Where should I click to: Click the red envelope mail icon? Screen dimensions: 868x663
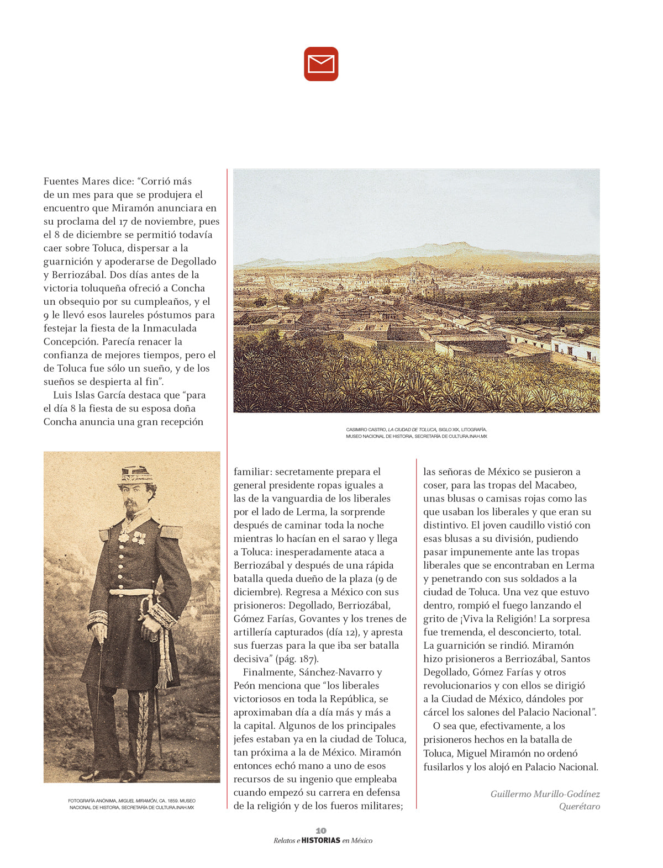coord(321,64)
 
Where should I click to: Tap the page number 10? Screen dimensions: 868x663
coord(321,830)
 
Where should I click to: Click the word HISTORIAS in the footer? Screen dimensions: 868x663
coord(321,840)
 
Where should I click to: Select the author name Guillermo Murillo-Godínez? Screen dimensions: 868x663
coord(545,794)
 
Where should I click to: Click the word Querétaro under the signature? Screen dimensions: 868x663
coord(579,806)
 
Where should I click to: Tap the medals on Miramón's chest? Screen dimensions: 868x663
coord(131,537)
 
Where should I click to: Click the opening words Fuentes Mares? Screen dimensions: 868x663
coord(73,181)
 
